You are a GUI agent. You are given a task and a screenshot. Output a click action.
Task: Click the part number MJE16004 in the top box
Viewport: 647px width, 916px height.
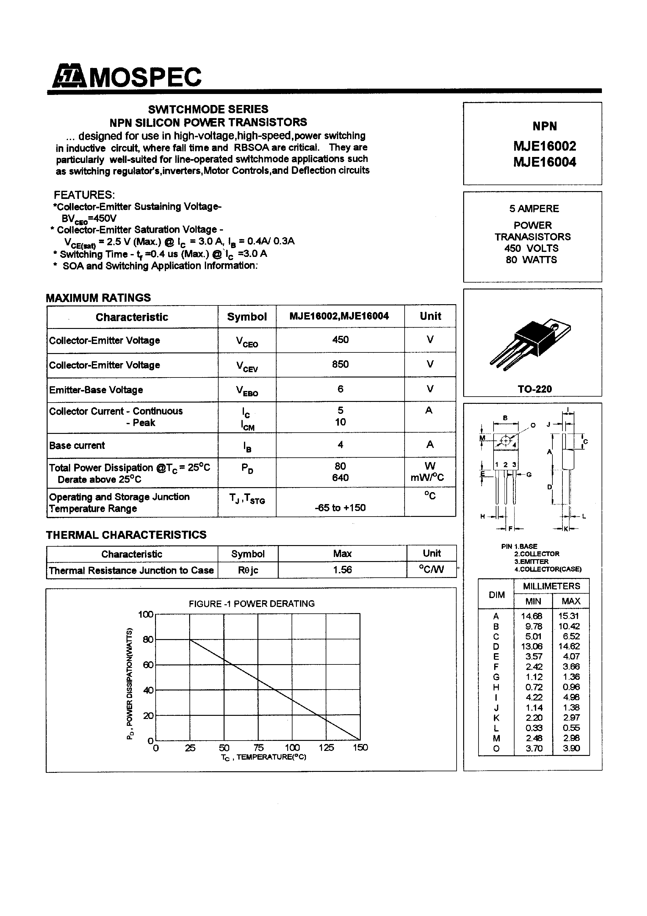tap(545, 162)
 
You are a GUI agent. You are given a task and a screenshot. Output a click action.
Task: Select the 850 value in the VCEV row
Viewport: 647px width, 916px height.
tap(340, 364)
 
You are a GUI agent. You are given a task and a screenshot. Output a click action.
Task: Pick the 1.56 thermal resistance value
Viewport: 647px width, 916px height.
tap(342, 570)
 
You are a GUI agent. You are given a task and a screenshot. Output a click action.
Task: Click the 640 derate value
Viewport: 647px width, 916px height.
tap(340, 477)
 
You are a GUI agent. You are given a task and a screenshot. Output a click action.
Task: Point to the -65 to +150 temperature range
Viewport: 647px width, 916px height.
tap(340, 507)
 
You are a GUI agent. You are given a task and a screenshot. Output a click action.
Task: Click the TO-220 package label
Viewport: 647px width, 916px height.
tap(535, 389)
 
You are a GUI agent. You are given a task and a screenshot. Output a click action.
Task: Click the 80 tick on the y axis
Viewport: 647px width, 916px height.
tap(148, 639)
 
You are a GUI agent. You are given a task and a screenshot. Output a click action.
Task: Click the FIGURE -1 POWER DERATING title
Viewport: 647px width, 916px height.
tap(252, 604)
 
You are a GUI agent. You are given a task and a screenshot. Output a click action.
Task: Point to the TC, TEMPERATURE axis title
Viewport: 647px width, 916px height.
tap(263, 757)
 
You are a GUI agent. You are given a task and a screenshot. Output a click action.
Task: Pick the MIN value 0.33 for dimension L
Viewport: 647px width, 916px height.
tap(534, 728)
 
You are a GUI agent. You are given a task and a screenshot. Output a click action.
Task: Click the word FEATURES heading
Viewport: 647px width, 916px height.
tap(84, 195)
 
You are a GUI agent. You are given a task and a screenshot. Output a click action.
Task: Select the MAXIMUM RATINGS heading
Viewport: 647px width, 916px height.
tap(98, 298)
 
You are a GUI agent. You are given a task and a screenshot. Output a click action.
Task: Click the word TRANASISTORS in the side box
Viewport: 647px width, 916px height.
tap(532, 237)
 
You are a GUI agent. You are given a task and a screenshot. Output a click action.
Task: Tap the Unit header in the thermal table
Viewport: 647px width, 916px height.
tap(432, 553)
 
